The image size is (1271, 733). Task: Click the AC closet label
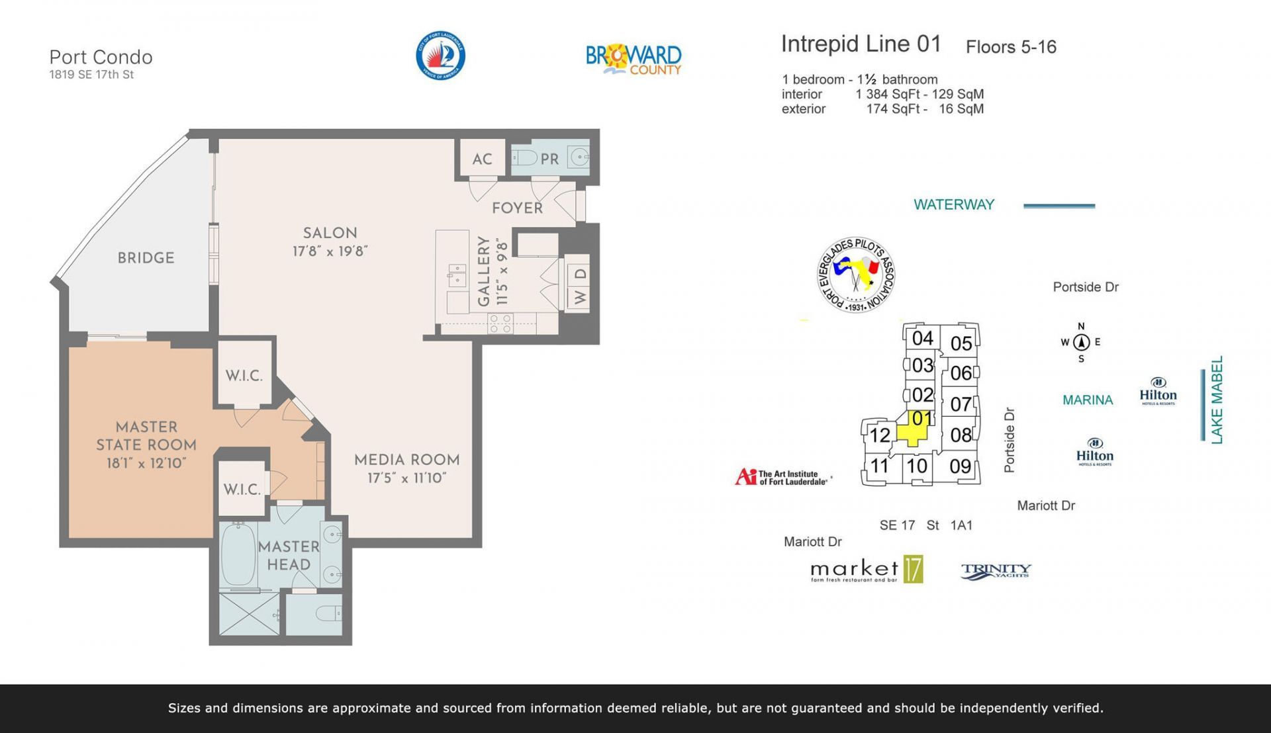pos(482,159)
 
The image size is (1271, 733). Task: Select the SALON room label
pos(330,233)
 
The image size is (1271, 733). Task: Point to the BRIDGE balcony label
pos(146,258)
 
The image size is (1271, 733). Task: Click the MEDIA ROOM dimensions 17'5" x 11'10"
pos(406,478)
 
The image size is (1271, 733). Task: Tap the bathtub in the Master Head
pos(238,554)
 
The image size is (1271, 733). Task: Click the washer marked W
pos(579,298)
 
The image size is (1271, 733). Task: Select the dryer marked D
pos(579,273)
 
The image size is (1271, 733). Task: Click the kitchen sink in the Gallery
pos(457,275)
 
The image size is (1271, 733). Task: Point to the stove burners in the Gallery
pos(500,323)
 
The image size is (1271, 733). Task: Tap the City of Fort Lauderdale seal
pos(440,56)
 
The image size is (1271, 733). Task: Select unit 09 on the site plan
pos(960,466)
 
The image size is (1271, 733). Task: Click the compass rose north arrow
pos(1081,342)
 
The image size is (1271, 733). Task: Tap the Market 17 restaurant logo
pos(866,570)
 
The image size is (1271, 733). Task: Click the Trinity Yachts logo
pos(996,571)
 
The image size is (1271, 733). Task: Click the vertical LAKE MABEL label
pos(1217,400)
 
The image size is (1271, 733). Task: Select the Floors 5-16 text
pos(1010,47)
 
